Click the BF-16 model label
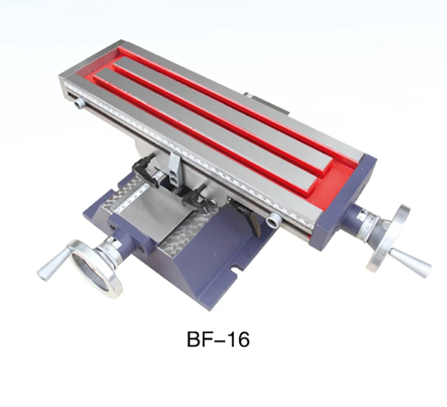coord(218,339)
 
